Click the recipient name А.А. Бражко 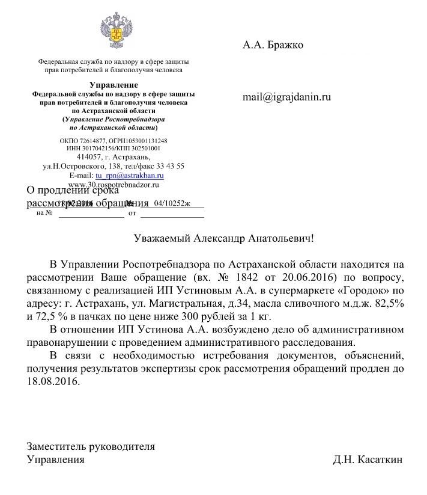pos(273,45)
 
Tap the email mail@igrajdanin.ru pos(286,96)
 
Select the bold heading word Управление pos(114,85)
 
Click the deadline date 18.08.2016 pos(52,381)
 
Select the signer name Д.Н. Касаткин pos(368,460)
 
